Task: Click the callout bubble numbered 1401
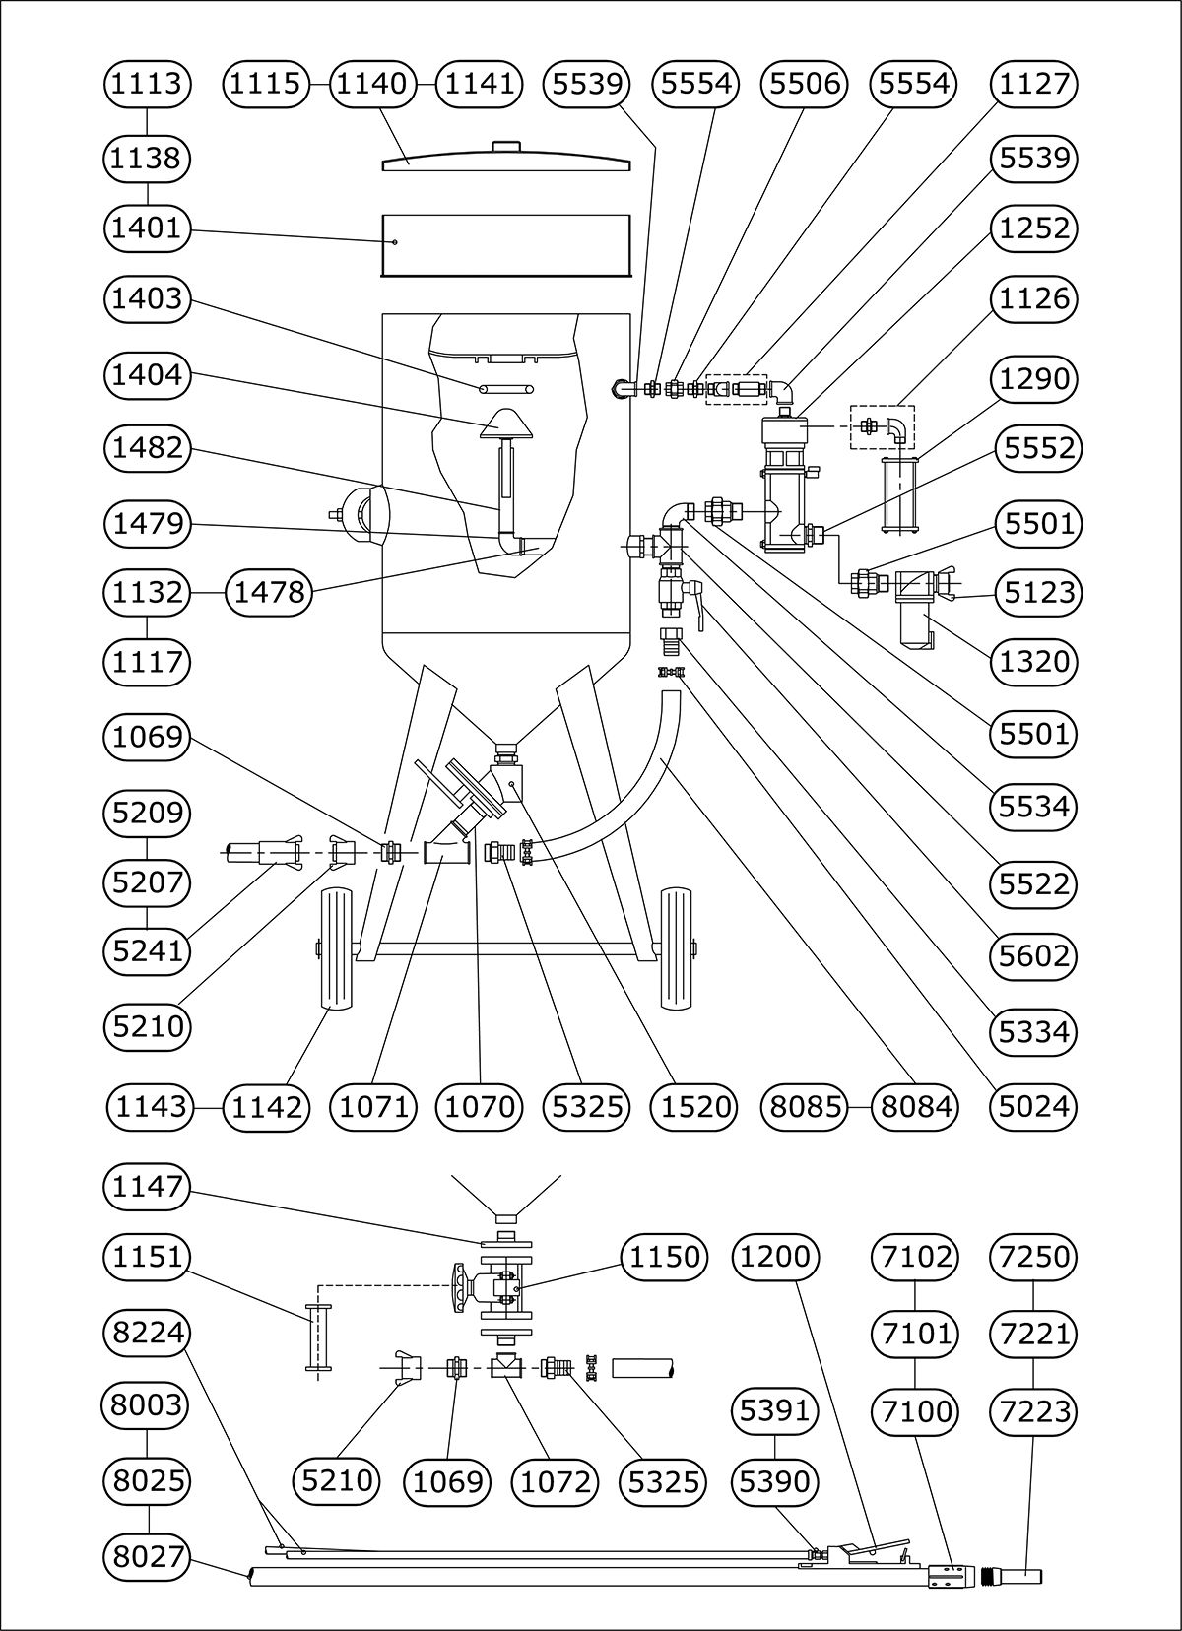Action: tap(147, 228)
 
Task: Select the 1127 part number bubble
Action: tap(1033, 84)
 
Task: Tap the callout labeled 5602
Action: tap(1033, 955)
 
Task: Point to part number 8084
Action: tap(916, 1107)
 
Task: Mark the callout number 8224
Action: tap(147, 1333)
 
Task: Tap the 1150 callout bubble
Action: tap(665, 1257)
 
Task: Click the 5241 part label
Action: tap(147, 950)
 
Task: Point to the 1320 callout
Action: tap(1033, 661)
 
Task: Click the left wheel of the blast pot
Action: tap(337, 948)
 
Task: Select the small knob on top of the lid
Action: tap(505, 147)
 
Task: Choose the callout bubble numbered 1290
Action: tap(1033, 377)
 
